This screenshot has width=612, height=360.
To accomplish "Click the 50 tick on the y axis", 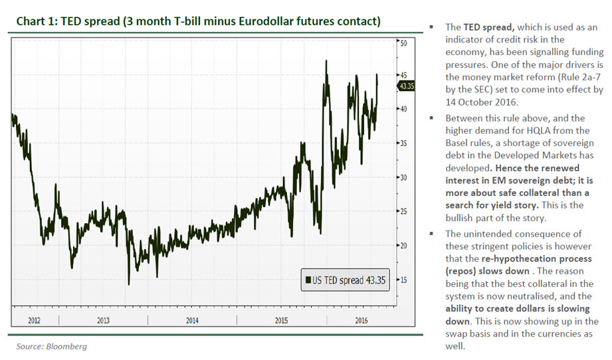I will click(x=403, y=43).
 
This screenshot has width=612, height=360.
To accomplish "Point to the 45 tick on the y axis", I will click(x=403, y=75).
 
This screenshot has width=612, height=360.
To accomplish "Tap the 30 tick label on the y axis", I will click(x=403, y=177).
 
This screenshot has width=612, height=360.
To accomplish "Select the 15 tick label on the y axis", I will click(x=403, y=280).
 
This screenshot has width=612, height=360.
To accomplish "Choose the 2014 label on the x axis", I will click(x=191, y=321).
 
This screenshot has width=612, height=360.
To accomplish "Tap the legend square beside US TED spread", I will click(x=307, y=280).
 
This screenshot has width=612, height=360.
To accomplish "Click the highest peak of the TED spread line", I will click(x=326, y=61).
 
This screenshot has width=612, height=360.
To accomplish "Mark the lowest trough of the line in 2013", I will click(x=128, y=284).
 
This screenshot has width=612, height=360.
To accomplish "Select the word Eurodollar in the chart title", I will click(x=257, y=21).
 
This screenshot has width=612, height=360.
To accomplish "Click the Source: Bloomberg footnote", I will click(x=52, y=346).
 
